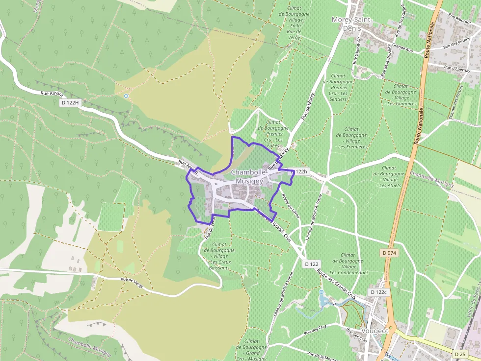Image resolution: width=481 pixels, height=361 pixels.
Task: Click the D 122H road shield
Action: point(70,103)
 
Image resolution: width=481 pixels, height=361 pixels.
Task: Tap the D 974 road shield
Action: point(389,252)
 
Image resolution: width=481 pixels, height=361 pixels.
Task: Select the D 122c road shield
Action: point(378,292)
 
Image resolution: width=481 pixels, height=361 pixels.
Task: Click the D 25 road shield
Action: point(460,354)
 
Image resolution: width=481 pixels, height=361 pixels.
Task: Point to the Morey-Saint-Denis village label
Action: point(352,24)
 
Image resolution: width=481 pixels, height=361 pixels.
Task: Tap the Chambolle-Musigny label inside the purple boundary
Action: point(249,176)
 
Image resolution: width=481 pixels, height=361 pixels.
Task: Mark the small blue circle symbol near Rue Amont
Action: point(126,96)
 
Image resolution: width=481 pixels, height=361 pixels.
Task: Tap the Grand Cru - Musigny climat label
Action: point(251,350)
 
